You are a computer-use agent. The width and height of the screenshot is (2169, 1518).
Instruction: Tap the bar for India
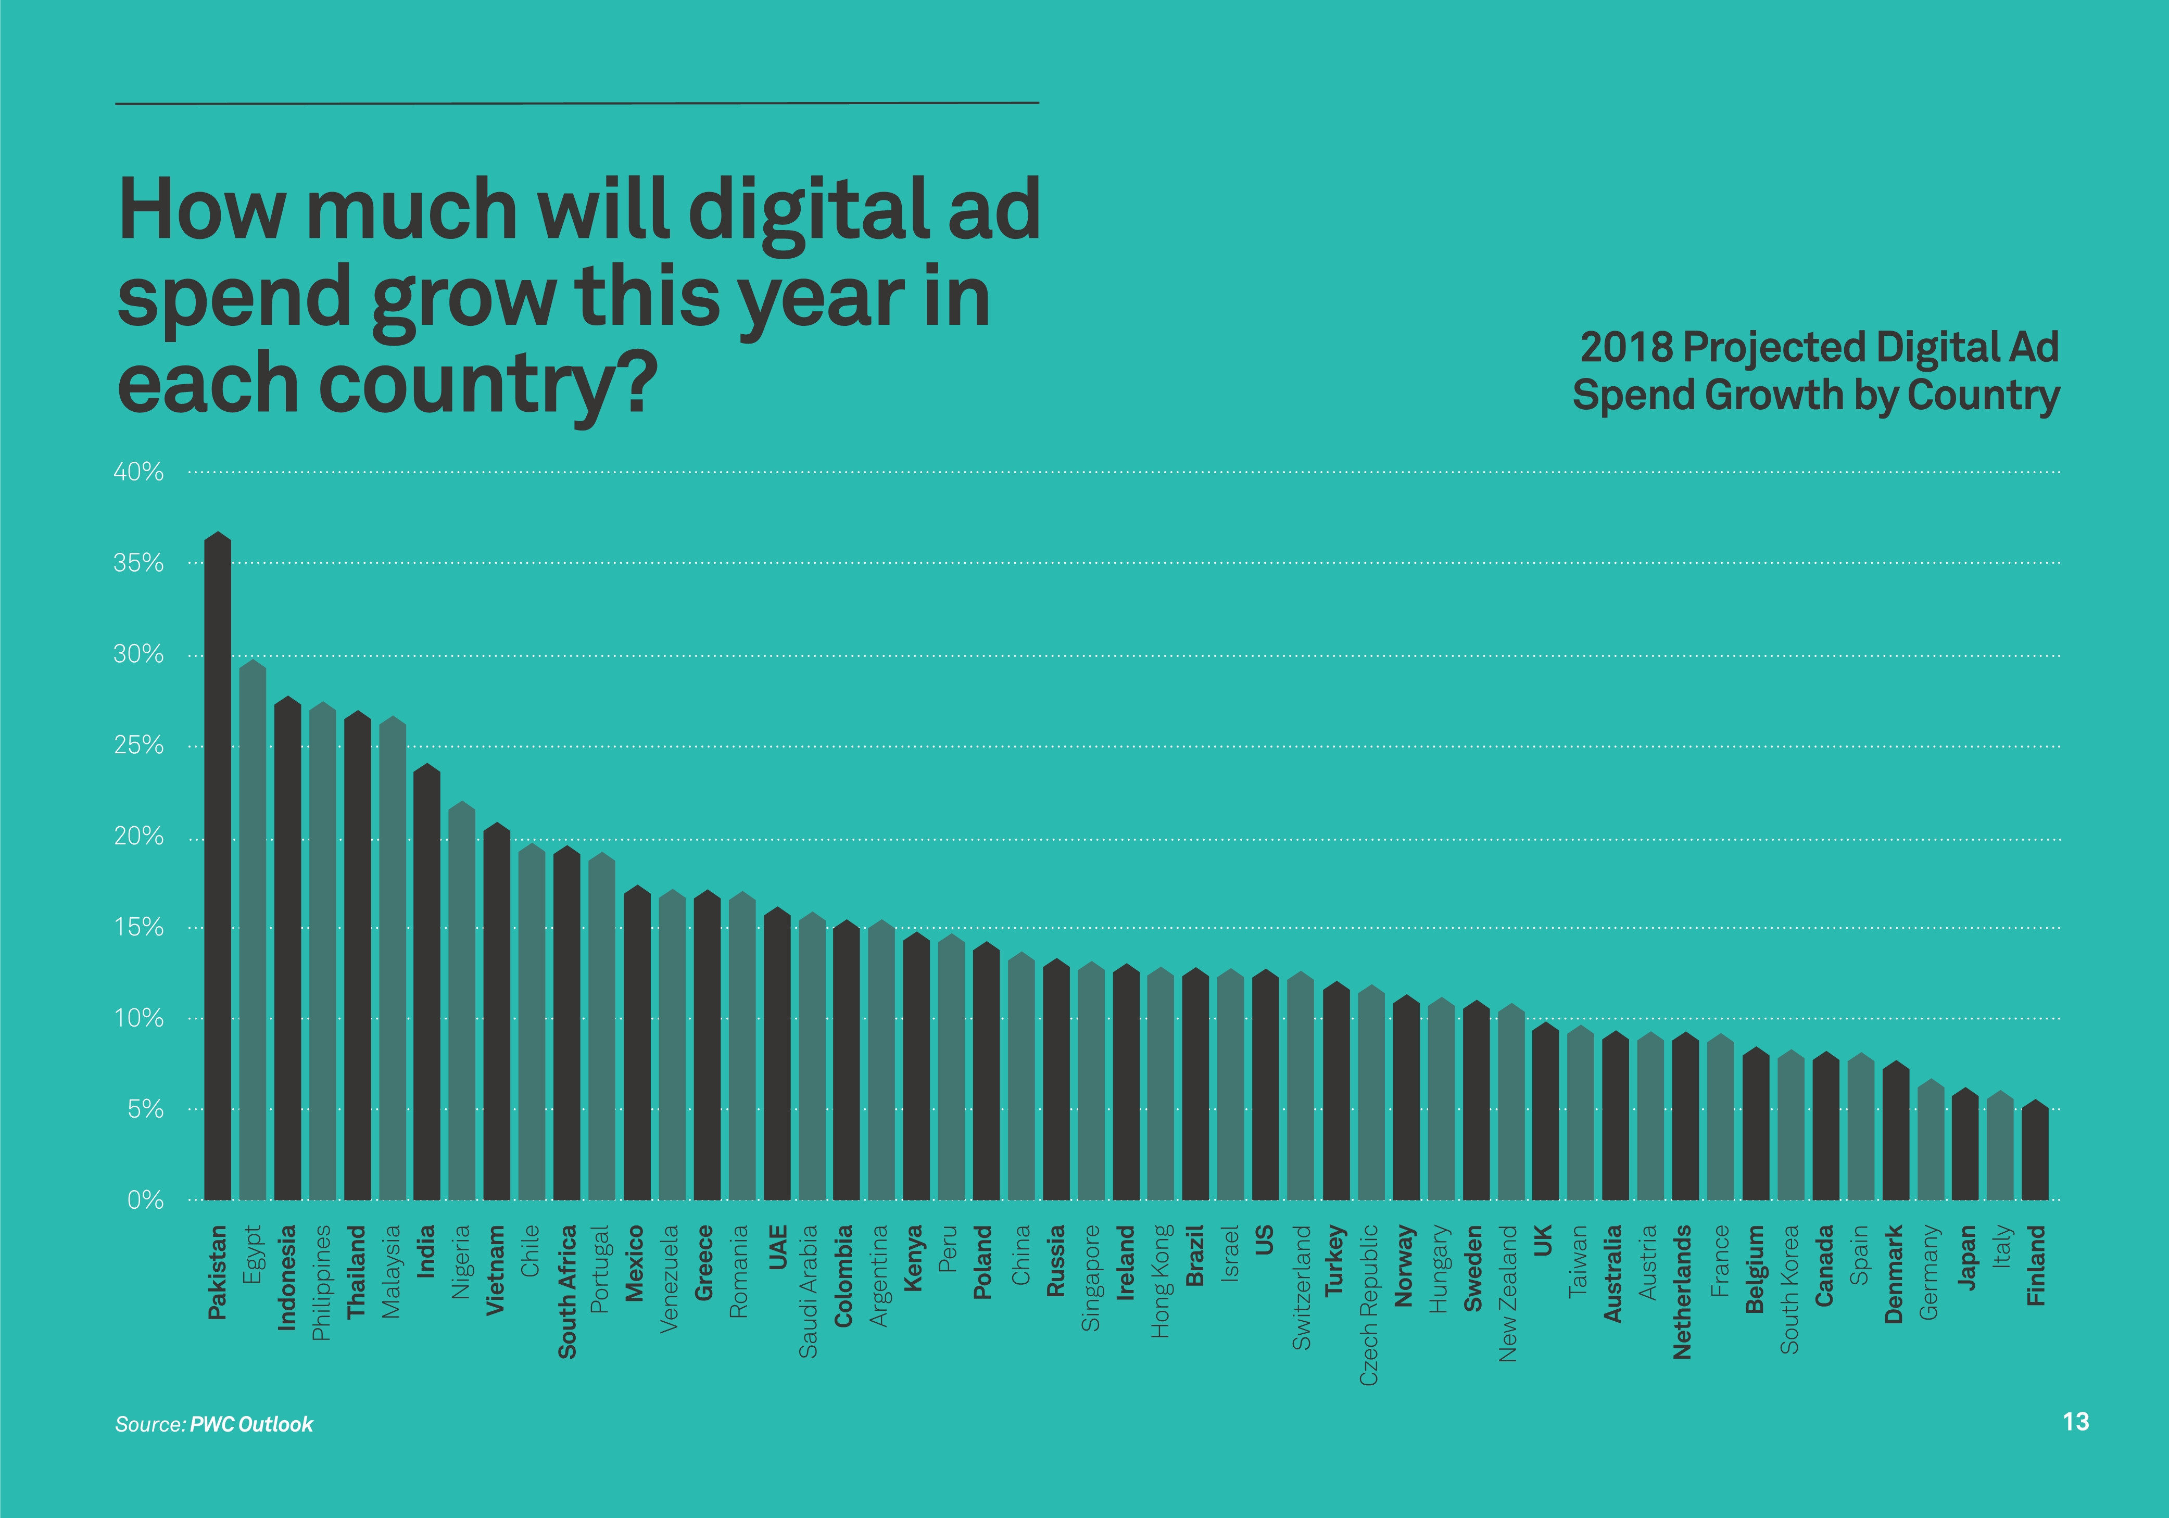(x=427, y=982)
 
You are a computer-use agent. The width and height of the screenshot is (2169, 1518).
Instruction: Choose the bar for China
(x=1021, y=1078)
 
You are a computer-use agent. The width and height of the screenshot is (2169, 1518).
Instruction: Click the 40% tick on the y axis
(x=139, y=472)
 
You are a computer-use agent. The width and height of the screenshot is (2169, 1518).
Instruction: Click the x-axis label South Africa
(x=567, y=1292)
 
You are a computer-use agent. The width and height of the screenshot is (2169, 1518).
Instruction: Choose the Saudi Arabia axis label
(x=809, y=1292)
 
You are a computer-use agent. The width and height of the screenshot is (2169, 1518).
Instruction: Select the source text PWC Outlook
(x=251, y=1424)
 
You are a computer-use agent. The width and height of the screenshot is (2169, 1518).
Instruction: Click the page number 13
(x=2075, y=1422)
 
